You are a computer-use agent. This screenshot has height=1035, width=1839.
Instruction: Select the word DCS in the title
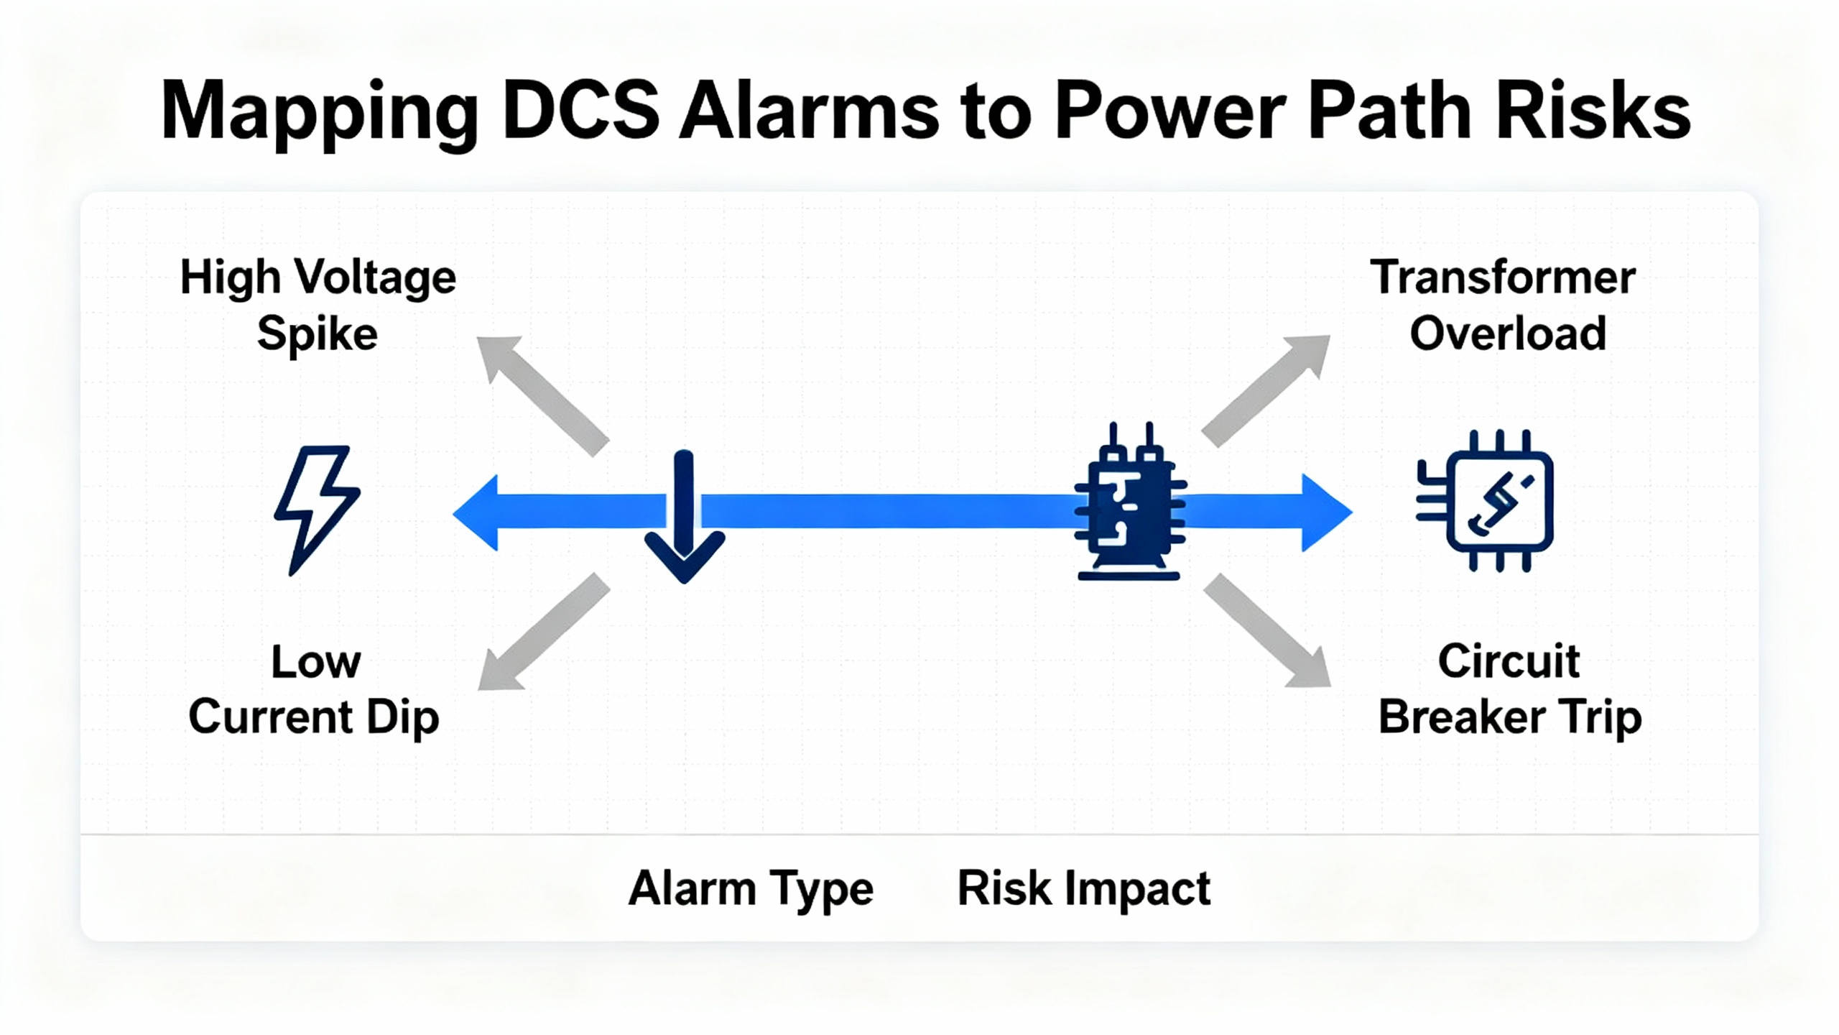(x=580, y=112)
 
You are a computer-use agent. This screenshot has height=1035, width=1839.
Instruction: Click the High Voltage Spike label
(x=318, y=305)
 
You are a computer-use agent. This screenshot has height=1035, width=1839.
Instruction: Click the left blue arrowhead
(x=477, y=512)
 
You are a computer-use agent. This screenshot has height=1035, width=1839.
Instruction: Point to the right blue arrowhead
(x=1325, y=512)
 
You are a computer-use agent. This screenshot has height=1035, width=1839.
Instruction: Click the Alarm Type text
(x=751, y=890)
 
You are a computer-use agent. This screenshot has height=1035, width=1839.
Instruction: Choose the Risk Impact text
(x=1083, y=888)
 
